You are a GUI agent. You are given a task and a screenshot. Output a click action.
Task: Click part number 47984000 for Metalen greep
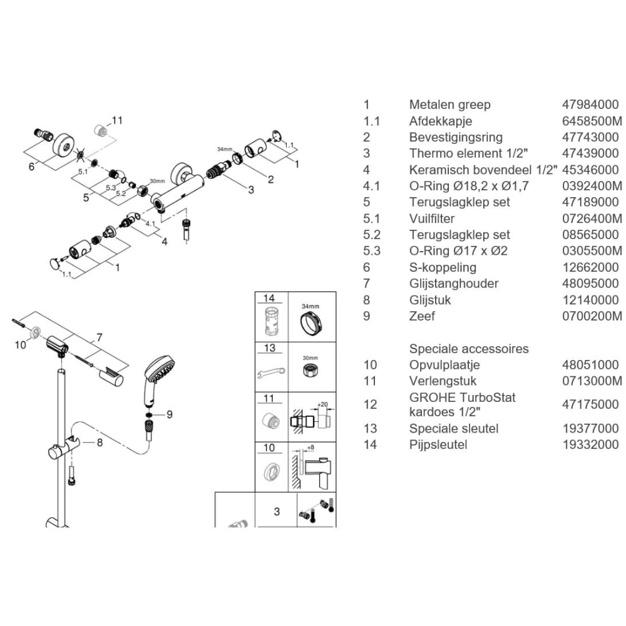590,105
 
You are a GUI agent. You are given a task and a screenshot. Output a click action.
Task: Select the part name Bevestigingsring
456,137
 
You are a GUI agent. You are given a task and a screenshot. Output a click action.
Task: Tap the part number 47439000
590,153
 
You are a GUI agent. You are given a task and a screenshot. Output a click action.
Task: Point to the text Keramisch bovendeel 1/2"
483,170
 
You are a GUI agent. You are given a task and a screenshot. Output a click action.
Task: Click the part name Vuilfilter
431,218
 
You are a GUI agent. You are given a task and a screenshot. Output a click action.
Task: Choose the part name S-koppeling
443,267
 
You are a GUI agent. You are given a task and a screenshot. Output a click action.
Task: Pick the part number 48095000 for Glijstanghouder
590,284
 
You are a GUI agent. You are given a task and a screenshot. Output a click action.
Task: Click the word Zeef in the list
421,316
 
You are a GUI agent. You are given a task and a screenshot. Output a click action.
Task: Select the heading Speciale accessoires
469,349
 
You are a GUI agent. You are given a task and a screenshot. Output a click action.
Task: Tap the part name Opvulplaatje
444,365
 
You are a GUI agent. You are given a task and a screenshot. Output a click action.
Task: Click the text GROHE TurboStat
463,398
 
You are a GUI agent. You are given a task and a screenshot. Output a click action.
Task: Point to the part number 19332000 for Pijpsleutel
590,444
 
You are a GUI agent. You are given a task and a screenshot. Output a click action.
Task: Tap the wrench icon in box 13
271,373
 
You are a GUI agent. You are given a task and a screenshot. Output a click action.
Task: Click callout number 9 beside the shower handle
170,415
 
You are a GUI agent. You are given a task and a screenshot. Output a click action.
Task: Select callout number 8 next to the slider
100,443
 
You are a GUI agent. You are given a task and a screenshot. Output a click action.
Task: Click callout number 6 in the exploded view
31,167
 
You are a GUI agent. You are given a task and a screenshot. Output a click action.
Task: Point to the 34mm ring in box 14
311,324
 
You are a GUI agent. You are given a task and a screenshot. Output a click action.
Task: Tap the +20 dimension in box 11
322,404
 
